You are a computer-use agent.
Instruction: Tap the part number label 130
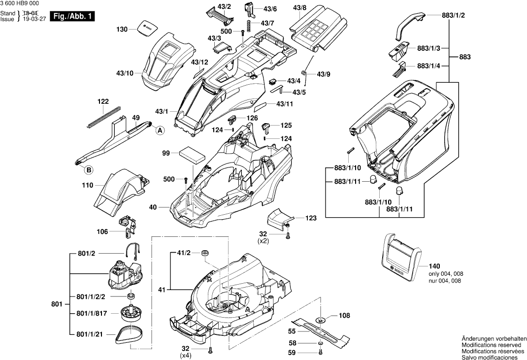122,30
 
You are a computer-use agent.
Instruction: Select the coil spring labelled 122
104,117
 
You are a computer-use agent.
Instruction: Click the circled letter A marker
160,131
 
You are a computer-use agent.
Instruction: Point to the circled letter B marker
89,170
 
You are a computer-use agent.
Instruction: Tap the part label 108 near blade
345,316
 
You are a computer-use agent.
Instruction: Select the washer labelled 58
320,343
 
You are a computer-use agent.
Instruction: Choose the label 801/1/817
94,313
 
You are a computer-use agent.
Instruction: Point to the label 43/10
125,73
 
